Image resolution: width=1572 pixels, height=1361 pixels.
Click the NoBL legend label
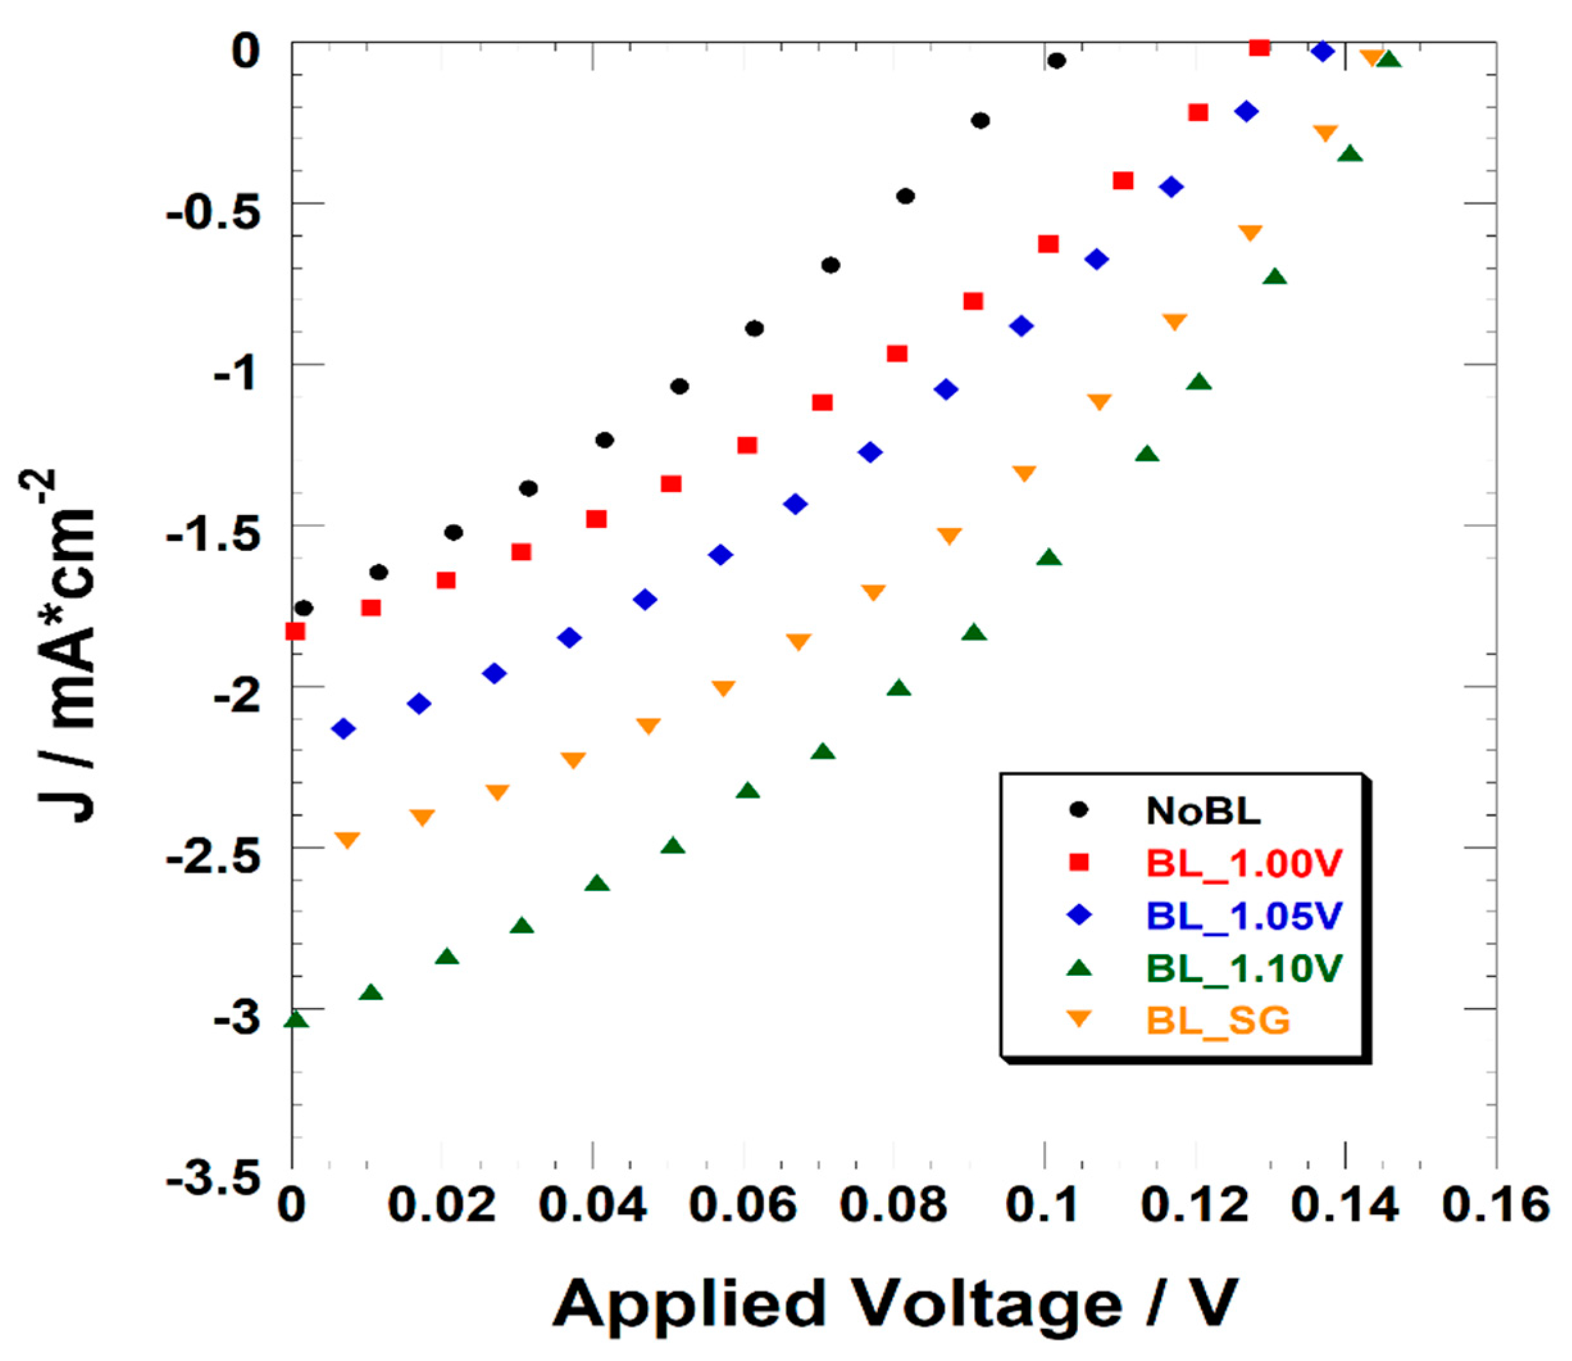1203,811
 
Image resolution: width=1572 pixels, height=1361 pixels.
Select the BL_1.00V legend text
1245,864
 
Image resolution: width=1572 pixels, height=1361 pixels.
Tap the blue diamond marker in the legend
1079,915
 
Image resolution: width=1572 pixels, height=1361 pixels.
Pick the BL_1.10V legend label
1245,968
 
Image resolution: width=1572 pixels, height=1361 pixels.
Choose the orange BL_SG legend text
1218,1020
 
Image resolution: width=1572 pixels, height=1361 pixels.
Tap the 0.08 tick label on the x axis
895,1206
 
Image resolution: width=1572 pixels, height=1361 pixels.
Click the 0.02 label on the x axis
442,1206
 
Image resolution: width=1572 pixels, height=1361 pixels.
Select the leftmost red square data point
295,631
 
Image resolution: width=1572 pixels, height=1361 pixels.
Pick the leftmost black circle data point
304,608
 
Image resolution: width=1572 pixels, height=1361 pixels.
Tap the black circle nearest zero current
1056,61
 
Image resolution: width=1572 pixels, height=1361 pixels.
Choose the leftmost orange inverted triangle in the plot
347,840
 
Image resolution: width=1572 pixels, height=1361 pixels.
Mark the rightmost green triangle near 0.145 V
1389,59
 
